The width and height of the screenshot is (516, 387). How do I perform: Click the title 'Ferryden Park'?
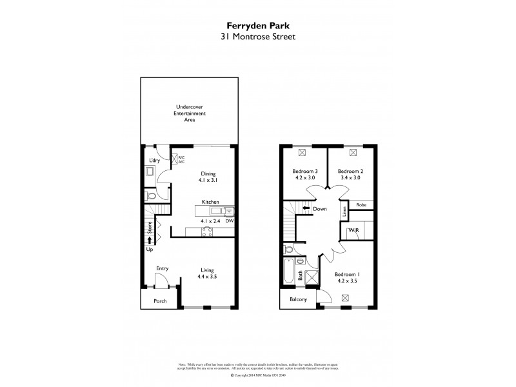tap(257, 26)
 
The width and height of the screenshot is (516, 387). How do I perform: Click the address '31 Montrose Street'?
tap(257, 37)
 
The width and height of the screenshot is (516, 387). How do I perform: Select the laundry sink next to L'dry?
tap(150, 172)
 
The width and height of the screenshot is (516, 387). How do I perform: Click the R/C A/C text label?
tap(181, 159)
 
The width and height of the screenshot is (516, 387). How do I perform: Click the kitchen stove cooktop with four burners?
tap(208, 233)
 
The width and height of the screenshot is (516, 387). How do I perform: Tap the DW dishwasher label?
tap(229, 221)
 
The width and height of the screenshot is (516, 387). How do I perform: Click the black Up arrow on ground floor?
tap(149, 240)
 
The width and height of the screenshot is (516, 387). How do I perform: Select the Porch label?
tap(159, 301)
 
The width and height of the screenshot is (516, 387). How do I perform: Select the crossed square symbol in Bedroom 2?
tap(353, 153)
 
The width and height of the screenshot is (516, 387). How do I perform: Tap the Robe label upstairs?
tap(361, 204)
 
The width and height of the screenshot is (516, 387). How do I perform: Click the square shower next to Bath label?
tap(312, 277)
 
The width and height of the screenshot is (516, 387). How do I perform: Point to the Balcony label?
tap(297, 300)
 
